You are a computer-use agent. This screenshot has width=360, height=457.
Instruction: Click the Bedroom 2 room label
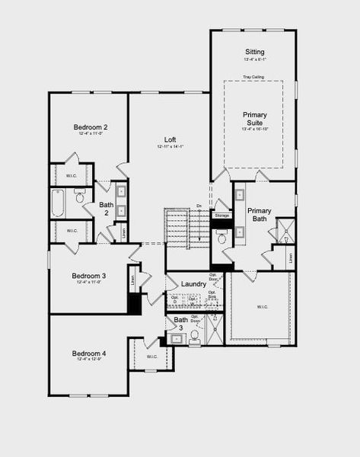[x=90, y=126]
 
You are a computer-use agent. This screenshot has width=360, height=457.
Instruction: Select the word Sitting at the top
[x=254, y=50]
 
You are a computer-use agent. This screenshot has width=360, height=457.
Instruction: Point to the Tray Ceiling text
[x=253, y=77]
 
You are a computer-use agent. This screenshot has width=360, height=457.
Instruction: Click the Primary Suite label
[x=255, y=119]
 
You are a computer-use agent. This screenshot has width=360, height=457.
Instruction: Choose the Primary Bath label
[x=260, y=214]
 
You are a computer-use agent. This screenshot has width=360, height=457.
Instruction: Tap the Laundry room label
[x=194, y=284]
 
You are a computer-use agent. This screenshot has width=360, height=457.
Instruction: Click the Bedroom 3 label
[x=89, y=275]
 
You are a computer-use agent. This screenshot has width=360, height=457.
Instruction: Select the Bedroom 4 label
[x=89, y=353]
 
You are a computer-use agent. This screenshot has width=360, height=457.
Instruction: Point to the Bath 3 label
[x=180, y=324]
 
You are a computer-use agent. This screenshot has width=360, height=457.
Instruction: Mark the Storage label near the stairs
[x=221, y=216]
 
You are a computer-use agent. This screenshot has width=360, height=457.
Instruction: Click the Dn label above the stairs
[x=199, y=206]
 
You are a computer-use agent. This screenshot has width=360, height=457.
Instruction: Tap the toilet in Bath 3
[x=195, y=334]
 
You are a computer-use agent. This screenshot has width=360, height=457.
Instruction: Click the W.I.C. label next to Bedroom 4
[x=151, y=356]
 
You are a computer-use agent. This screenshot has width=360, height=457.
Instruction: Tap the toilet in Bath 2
[x=80, y=198]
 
